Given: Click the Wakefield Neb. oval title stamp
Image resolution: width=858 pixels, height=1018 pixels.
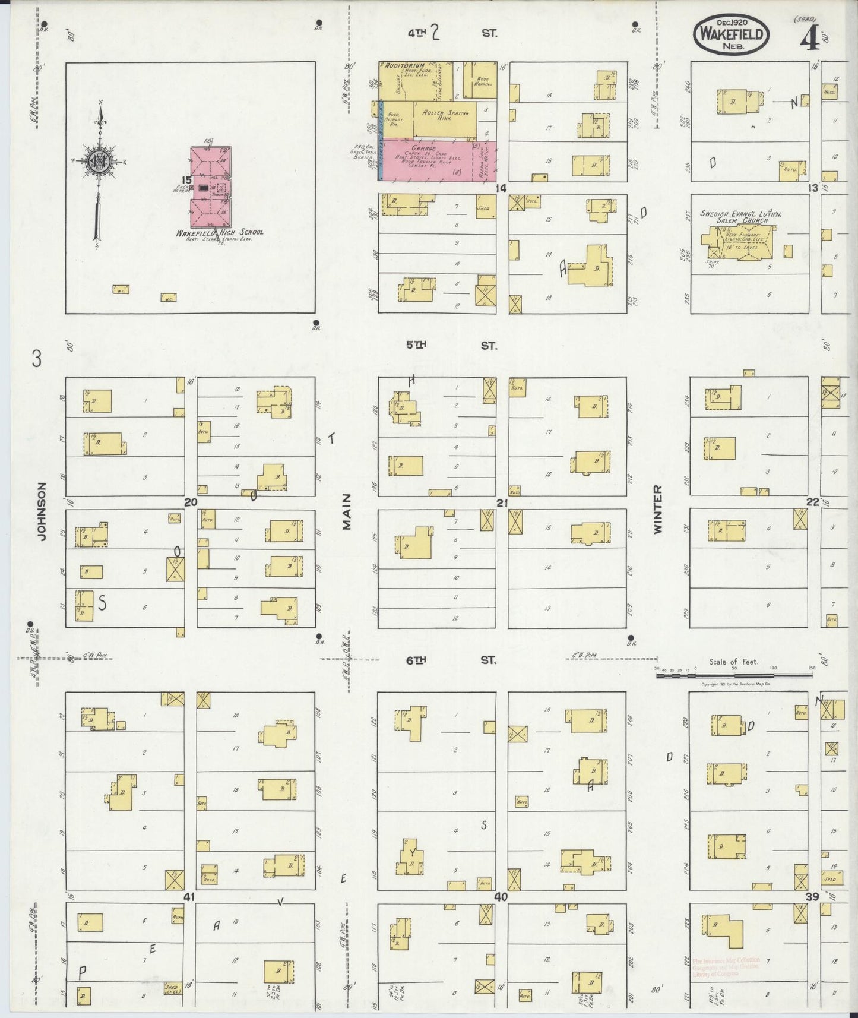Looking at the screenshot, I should [731, 34].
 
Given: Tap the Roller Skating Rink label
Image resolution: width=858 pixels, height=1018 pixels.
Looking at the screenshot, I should [445, 115].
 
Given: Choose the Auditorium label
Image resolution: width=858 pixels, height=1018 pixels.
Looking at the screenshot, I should [404, 65].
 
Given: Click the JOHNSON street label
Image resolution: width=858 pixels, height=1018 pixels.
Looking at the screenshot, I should [41, 511].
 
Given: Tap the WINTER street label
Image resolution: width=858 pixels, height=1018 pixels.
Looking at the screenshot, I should [657, 510].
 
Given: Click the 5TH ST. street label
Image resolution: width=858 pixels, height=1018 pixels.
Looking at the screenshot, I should [451, 346].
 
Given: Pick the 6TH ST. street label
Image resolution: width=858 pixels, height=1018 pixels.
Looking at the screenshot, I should [451, 660].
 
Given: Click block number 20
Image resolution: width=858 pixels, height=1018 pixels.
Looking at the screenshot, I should [190, 502].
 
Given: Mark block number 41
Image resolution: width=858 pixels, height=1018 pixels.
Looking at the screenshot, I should [190, 896].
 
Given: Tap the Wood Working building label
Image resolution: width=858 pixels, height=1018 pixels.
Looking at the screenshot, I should [483, 81].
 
